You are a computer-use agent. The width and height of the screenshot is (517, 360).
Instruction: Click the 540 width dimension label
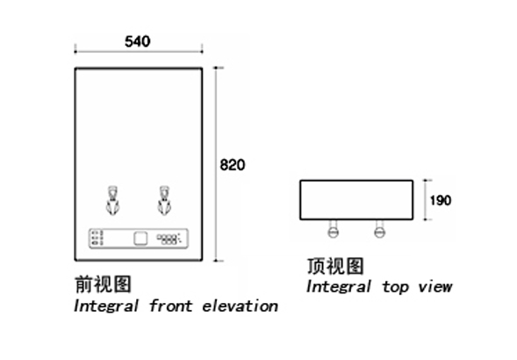(x=138, y=41)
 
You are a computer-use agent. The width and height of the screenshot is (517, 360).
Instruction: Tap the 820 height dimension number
(x=233, y=165)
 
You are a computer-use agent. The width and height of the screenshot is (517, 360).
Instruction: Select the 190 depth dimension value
(x=441, y=200)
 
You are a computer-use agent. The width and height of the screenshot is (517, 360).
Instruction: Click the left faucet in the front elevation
(x=112, y=200)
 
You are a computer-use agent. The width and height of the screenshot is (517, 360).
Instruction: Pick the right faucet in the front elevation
(x=164, y=200)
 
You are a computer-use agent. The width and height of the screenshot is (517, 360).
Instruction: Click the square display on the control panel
(x=140, y=239)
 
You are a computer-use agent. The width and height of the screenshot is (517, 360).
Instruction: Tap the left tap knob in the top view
(x=334, y=228)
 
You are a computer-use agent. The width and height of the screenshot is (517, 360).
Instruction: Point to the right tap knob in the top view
(x=380, y=228)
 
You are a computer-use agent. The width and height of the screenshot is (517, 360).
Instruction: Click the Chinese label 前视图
(x=104, y=284)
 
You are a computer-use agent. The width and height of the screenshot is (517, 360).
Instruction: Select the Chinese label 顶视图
(x=335, y=266)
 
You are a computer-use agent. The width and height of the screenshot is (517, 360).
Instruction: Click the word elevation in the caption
(x=240, y=306)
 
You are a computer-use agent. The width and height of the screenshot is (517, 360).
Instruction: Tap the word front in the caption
(x=170, y=306)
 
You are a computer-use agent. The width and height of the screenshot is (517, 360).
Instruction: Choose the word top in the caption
(x=396, y=287)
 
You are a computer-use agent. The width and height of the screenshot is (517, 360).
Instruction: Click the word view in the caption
(x=434, y=286)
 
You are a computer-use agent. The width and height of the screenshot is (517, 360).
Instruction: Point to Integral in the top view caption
(x=339, y=287)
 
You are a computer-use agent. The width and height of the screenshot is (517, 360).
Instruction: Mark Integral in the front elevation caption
(x=106, y=306)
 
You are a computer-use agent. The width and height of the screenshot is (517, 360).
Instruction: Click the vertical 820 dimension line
(x=216, y=164)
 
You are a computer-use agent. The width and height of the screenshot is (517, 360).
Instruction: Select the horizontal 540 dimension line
(x=139, y=52)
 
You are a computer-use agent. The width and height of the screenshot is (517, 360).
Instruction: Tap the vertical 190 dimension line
(x=427, y=200)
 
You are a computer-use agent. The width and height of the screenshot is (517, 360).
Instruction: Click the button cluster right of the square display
(x=169, y=239)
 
